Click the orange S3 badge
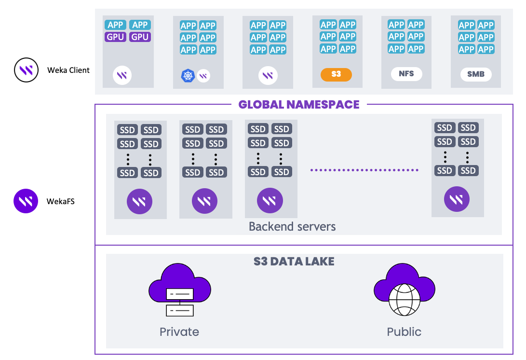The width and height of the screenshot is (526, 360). [336, 75]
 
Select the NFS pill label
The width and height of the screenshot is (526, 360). [406, 74]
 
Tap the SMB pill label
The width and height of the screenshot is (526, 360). [475, 74]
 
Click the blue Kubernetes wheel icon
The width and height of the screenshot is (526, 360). [188, 75]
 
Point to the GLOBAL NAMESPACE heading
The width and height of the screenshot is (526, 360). [299, 104]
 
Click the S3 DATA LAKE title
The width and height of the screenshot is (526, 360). [294, 262]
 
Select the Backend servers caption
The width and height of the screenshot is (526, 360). [292, 226]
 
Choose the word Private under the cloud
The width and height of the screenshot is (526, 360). [179, 332]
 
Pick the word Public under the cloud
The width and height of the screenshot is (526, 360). [404, 332]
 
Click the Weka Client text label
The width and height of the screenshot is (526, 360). [68, 70]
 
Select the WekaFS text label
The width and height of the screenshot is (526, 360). [61, 201]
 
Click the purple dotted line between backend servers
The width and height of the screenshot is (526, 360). [364, 170]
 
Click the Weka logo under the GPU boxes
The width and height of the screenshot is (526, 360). [122, 75]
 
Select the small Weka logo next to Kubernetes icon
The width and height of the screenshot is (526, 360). [203, 75]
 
